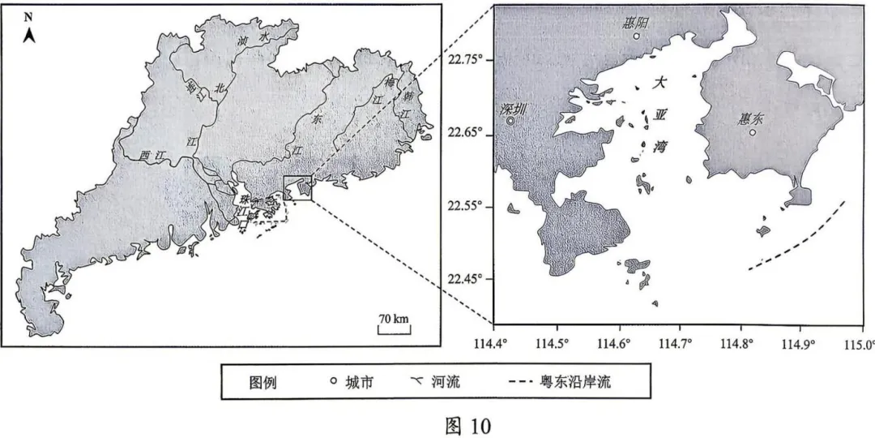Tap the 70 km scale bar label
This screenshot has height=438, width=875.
[395, 318]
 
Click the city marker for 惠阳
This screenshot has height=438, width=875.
[636, 36]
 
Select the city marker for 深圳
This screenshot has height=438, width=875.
[510, 121]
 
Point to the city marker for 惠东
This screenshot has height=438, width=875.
[753, 132]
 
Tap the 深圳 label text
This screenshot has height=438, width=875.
[514, 109]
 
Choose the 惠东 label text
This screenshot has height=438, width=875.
[751, 118]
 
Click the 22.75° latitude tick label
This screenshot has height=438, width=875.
[466, 59]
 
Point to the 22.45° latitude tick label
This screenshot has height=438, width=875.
[466, 279]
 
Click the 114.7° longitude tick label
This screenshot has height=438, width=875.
[679, 342]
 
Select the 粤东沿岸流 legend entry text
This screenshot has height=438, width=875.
[575, 382]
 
